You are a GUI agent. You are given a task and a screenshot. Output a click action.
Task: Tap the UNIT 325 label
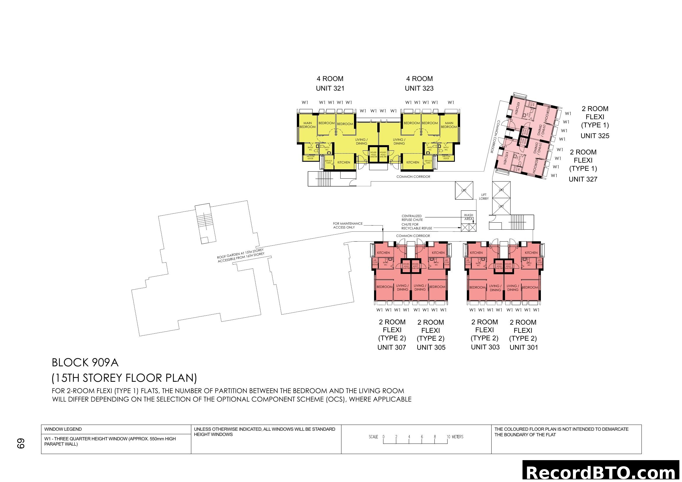pos(595,136)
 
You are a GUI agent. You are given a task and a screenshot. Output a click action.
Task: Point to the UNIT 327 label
pos(583,179)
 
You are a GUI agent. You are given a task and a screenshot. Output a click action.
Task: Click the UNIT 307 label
pos(392,347)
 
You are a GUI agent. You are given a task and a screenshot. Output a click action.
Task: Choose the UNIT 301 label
pos(524,347)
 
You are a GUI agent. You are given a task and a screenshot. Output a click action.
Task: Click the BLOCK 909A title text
pos(85,363)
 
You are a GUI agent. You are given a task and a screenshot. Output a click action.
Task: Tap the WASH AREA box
pos(469,217)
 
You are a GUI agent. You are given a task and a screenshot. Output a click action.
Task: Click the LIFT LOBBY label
pos(483,197)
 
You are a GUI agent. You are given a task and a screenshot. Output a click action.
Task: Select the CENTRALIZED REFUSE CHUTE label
pos(412,218)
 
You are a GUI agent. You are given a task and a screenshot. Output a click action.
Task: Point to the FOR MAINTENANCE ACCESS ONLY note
pos(347,225)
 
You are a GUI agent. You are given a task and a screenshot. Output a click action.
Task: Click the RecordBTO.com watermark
pos(602,472)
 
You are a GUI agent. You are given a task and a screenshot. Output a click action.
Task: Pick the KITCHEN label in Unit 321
pos(344,162)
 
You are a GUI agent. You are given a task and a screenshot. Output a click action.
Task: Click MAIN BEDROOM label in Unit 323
pos(449,125)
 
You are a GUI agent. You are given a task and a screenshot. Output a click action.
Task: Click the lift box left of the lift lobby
pos(464,190)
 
